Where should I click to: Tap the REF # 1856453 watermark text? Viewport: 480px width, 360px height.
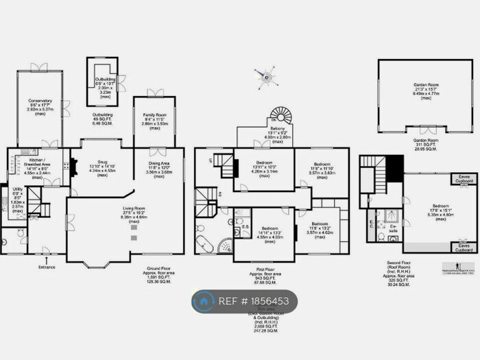click(257, 300)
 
